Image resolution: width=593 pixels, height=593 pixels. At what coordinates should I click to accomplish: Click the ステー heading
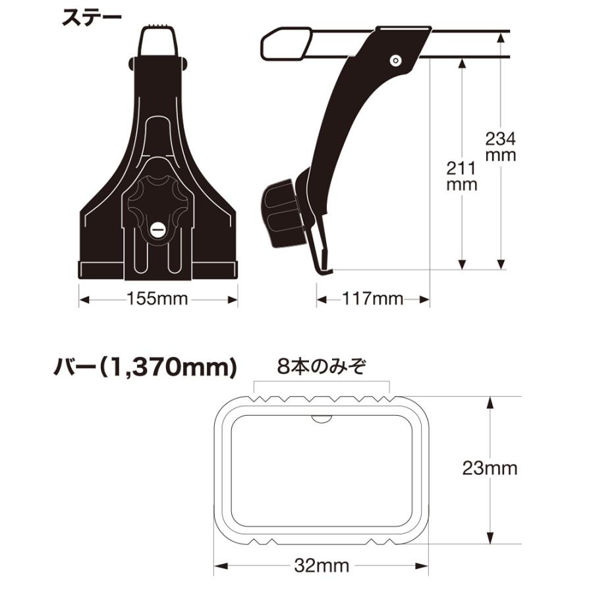pyautogui.click(x=92, y=17)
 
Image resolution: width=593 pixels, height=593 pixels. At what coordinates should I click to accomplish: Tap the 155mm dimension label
pyautogui.click(x=157, y=298)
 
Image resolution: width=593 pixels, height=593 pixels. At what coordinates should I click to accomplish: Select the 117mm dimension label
pyautogui.click(x=372, y=298)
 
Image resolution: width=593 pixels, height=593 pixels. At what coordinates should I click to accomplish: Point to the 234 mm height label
pyautogui.click(x=500, y=147)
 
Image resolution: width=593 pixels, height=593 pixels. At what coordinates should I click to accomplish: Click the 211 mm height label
pyautogui.click(x=462, y=176)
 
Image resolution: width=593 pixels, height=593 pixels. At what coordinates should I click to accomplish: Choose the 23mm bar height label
pyautogui.click(x=490, y=468)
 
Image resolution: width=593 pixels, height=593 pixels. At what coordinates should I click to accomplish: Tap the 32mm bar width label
pyautogui.click(x=322, y=566)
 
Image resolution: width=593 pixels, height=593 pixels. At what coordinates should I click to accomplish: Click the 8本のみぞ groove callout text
pyautogui.click(x=322, y=366)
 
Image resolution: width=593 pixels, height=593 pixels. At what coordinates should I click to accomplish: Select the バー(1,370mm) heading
pyautogui.click(x=145, y=367)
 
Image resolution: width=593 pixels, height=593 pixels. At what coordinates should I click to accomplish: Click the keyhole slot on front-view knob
pyautogui.click(x=157, y=229)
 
